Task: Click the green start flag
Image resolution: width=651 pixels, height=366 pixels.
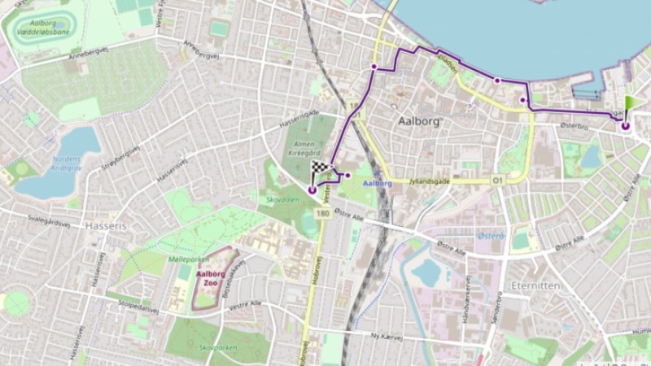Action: point(631,107)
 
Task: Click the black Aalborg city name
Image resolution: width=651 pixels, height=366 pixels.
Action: point(419,121)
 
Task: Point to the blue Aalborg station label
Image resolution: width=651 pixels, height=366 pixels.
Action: point(377,184)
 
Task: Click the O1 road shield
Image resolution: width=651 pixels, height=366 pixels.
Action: point(497,180)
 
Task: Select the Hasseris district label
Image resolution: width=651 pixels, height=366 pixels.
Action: point(106,225)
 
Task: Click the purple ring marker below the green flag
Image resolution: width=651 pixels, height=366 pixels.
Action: point(625,125)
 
